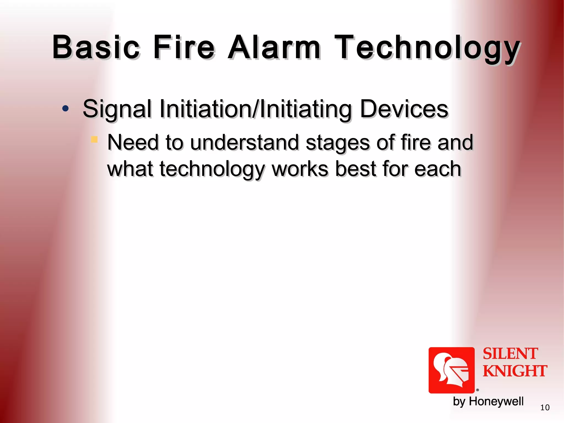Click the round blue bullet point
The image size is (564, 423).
65,109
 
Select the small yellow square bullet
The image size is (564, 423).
94,139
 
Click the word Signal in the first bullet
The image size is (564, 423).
117,109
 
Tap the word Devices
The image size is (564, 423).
404,109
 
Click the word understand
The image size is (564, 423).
244,142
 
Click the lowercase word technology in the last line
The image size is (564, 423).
212,169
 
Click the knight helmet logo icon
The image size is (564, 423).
451,370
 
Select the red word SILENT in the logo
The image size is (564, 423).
510,354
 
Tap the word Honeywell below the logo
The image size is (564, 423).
496,401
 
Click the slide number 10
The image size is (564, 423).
545,408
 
